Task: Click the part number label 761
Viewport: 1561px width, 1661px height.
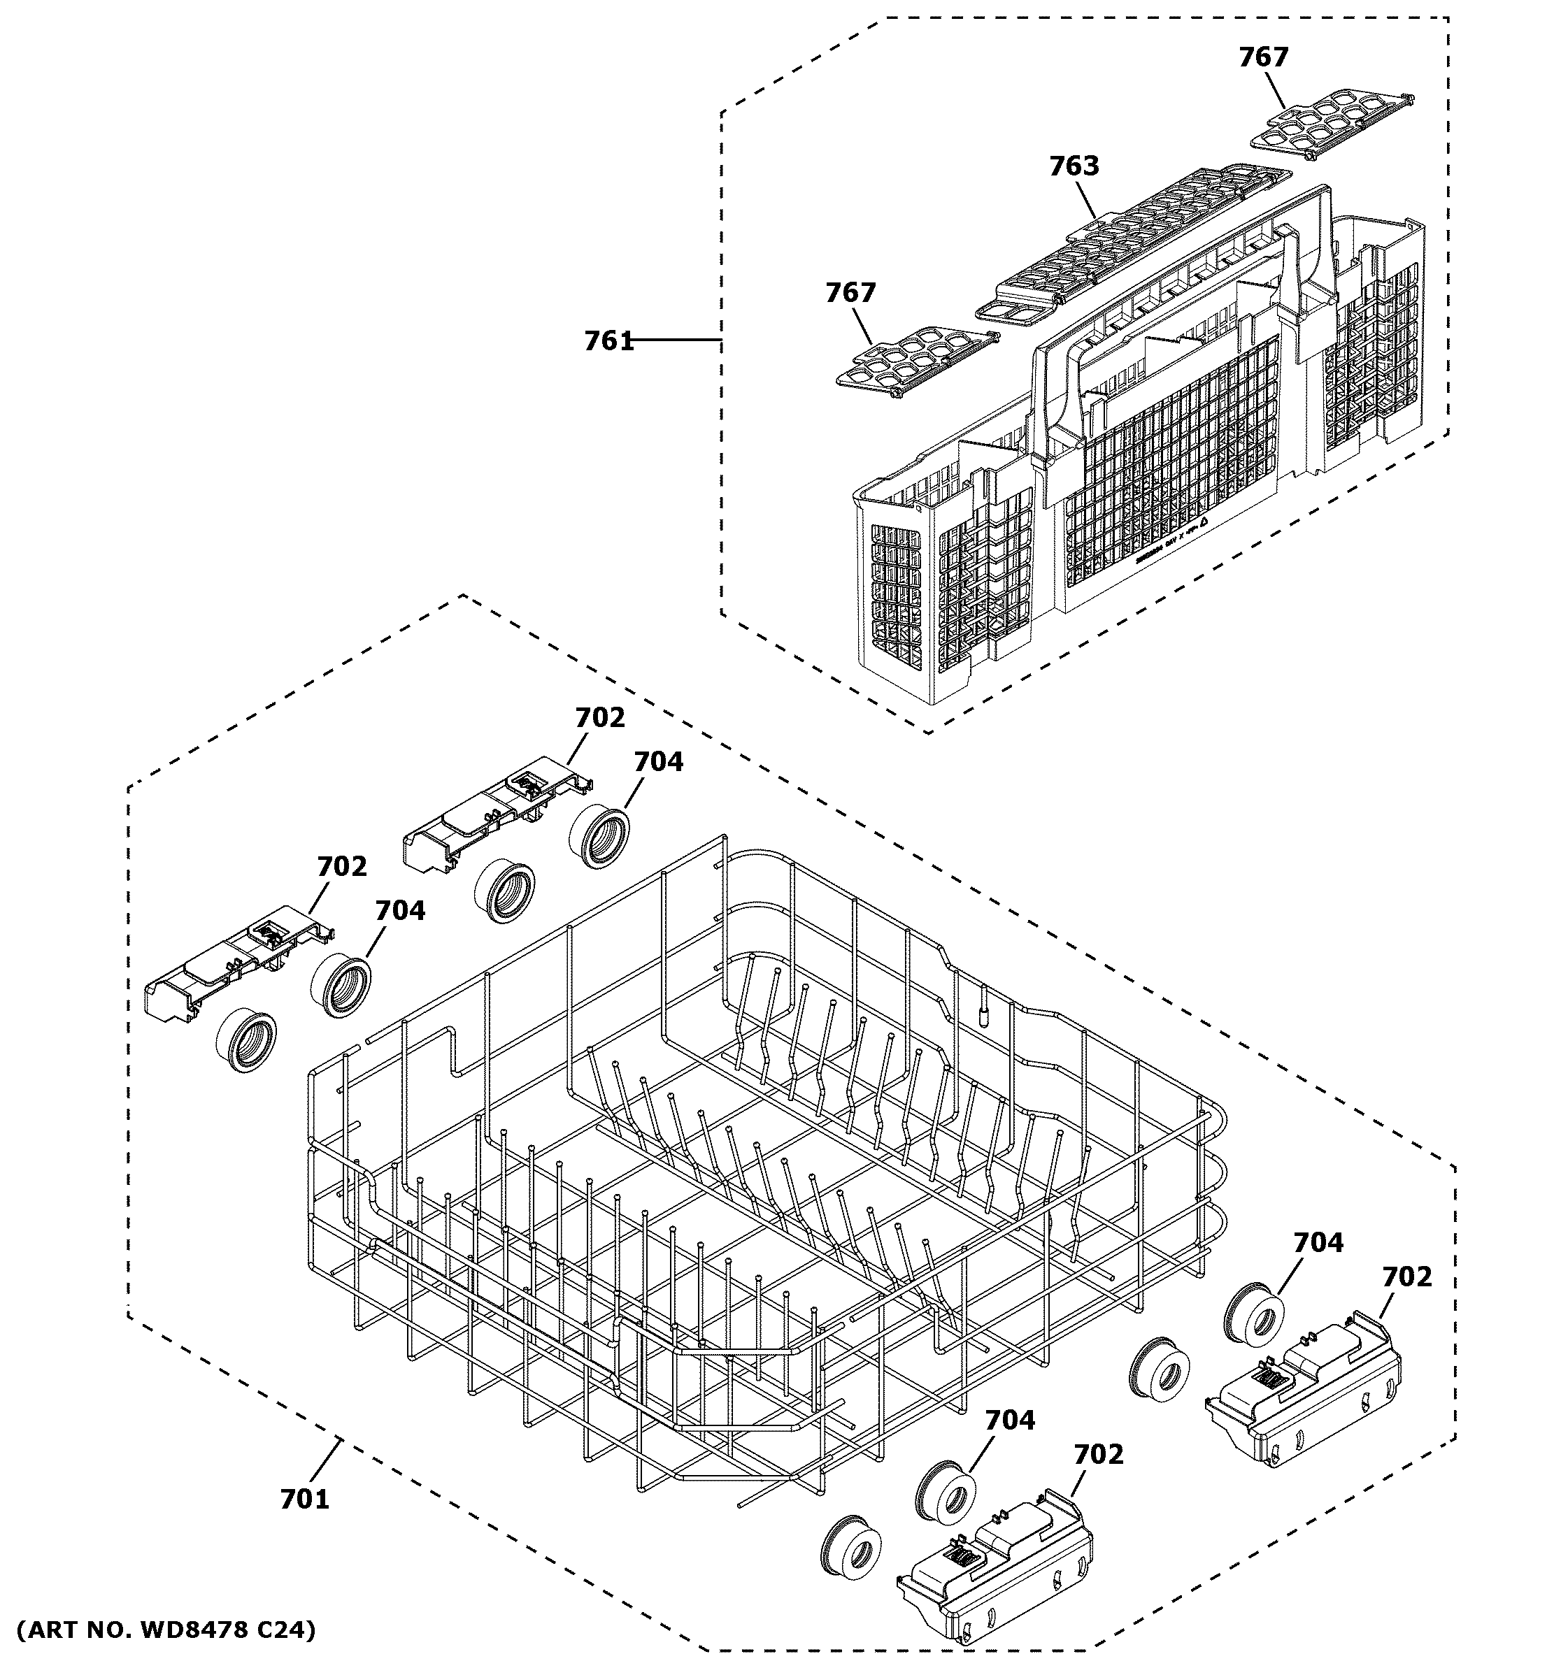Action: [608, 342]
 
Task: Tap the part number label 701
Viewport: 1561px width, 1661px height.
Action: [304, 1500]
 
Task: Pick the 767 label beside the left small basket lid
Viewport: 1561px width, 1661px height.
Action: [850, 294]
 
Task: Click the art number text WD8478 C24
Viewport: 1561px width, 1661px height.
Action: [166, 1630]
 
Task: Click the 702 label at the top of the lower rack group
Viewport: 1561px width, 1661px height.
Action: [599, 718]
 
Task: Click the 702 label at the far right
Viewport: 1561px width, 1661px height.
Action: [1406, 1277]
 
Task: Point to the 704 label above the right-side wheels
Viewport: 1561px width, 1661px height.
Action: [1318, 1243]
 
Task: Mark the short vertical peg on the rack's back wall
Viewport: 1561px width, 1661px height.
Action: [983, 1003]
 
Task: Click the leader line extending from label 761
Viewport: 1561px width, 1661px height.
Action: [677, 340]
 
